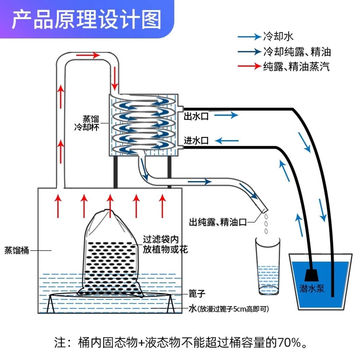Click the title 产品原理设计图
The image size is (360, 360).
coord(86,20)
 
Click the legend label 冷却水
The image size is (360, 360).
coord(278,36)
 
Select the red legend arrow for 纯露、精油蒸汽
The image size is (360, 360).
coord(249,66)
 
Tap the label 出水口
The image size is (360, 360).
coord(196,116)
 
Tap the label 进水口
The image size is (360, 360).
coord(196,140)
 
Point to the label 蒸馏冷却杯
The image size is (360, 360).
coord(87,123)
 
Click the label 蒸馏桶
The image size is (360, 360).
coord(17,250)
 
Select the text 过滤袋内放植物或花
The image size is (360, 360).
coord(165,244)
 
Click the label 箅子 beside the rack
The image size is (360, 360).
coord(197,294)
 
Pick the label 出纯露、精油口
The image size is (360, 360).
coord(218,222)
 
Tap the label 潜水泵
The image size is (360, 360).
coord(312,288)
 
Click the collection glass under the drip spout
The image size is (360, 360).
coord(268,266)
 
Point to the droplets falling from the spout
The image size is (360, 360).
coord(266,224)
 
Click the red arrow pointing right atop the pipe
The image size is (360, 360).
coord(88,55)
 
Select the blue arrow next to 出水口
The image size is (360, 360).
coord(226,115)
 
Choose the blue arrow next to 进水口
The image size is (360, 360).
coord(227,140)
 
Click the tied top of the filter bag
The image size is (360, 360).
coord(105,212)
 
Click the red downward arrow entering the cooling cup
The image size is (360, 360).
coord(114,78)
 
